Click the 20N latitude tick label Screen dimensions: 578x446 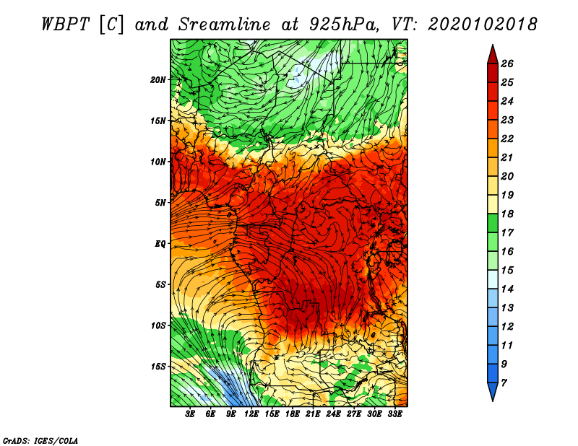(x=158, y=80)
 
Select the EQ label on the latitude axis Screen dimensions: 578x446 (x=160, y=244)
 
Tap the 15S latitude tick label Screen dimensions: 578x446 (x=158, y=367)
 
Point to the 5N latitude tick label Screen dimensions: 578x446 (x=160, y=203)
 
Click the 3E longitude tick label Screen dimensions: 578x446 (x=190, y=414)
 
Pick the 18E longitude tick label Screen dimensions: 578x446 (x=293, y=414)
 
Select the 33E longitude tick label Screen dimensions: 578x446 (x=394, y=414)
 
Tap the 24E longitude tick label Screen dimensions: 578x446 (x=333, y=414)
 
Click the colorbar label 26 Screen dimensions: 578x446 (x=507, y=64)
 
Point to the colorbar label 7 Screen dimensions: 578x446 (x=504, y=383)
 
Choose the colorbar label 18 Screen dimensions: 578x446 (x=507, y=214)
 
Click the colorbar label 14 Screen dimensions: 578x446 (x=507, y=289)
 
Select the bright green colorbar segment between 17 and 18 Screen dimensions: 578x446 (x=493, y=223)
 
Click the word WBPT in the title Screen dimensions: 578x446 (x=66, y=25)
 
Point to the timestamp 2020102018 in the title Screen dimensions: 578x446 (x=483, y=25)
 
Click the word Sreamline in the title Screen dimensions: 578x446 (x=225, y=25)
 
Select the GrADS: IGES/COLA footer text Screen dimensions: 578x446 (x=40, y=441)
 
